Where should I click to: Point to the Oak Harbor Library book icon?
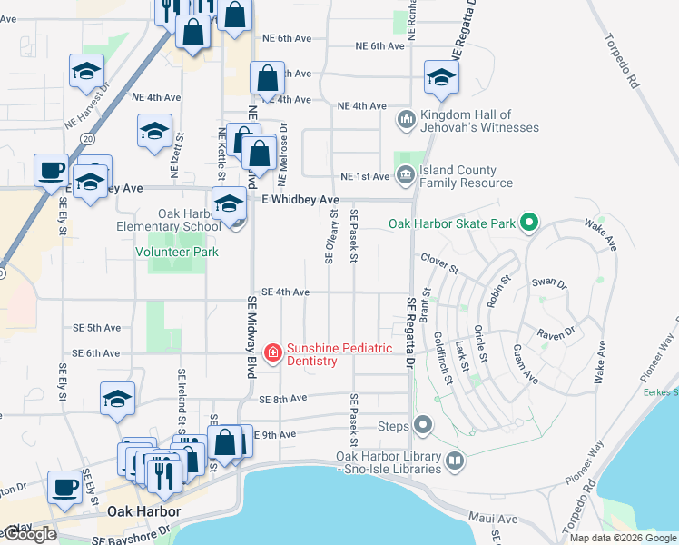pyautogui.click(x=454, y=461)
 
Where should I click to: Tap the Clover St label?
pyautogui.click(x=440, y=258)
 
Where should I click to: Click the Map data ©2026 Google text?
pyautogui.click(x=623, y=538)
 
